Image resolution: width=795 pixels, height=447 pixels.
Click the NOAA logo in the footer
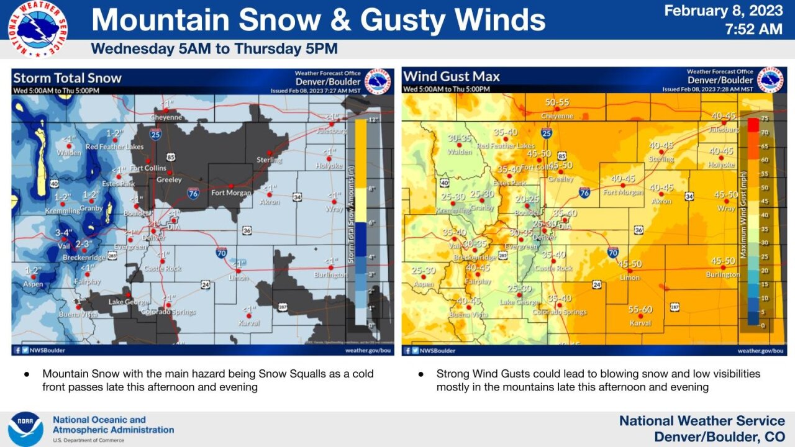click(x=25, y=429)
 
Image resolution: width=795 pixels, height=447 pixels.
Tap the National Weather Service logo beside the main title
click(x=37, y=29)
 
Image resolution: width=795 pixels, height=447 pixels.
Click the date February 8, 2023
click(x=724, y=11)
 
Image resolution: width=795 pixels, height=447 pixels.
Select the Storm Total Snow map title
click(x=67, y=78)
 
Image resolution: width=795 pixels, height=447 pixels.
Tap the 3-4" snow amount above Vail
click(x=64, y=233)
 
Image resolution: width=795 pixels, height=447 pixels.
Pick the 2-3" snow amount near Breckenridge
click(x=84, y=243)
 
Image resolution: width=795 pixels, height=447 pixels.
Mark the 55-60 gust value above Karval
click(x=640, y=309)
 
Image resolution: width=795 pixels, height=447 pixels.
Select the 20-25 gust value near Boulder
click(x=527, y=199)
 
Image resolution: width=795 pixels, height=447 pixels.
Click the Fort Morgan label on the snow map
click(x=231, y=192)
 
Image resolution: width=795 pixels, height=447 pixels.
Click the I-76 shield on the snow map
click(x=194, y=194)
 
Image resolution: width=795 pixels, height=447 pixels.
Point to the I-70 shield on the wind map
click(x=612, y=252)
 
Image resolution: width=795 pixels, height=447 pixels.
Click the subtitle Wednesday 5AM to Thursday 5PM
click(x=214, y=49)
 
